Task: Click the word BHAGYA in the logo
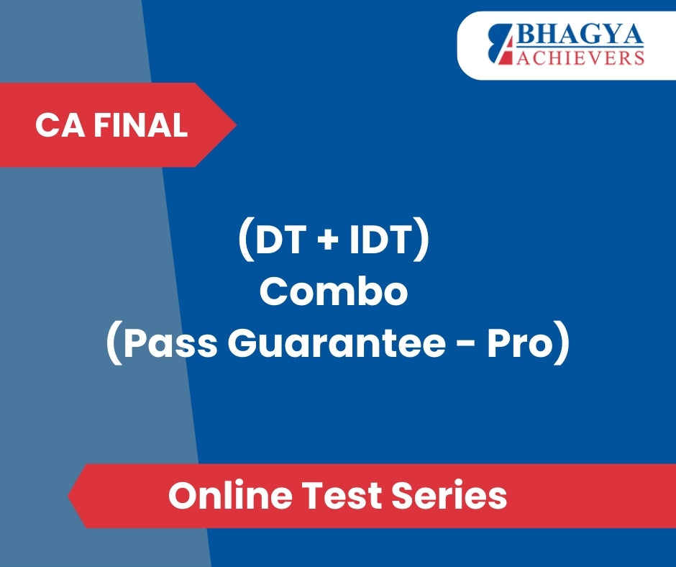[x=580, y=35]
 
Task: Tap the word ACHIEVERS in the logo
[x=581, y=58]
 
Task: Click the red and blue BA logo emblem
[x=501, y=45]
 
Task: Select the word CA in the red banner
[x=60, y=126]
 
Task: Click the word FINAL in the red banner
[x=141, y=126]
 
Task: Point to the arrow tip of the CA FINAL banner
[x=237, y=124]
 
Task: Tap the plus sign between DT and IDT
[x=328, y=240]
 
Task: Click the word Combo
[x=334, y=291]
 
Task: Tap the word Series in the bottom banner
[x=449, y=495]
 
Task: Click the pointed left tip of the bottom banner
[x=68, y=496]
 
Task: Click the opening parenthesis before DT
[x=246, y=242]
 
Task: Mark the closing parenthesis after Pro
[x=562, y=343]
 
